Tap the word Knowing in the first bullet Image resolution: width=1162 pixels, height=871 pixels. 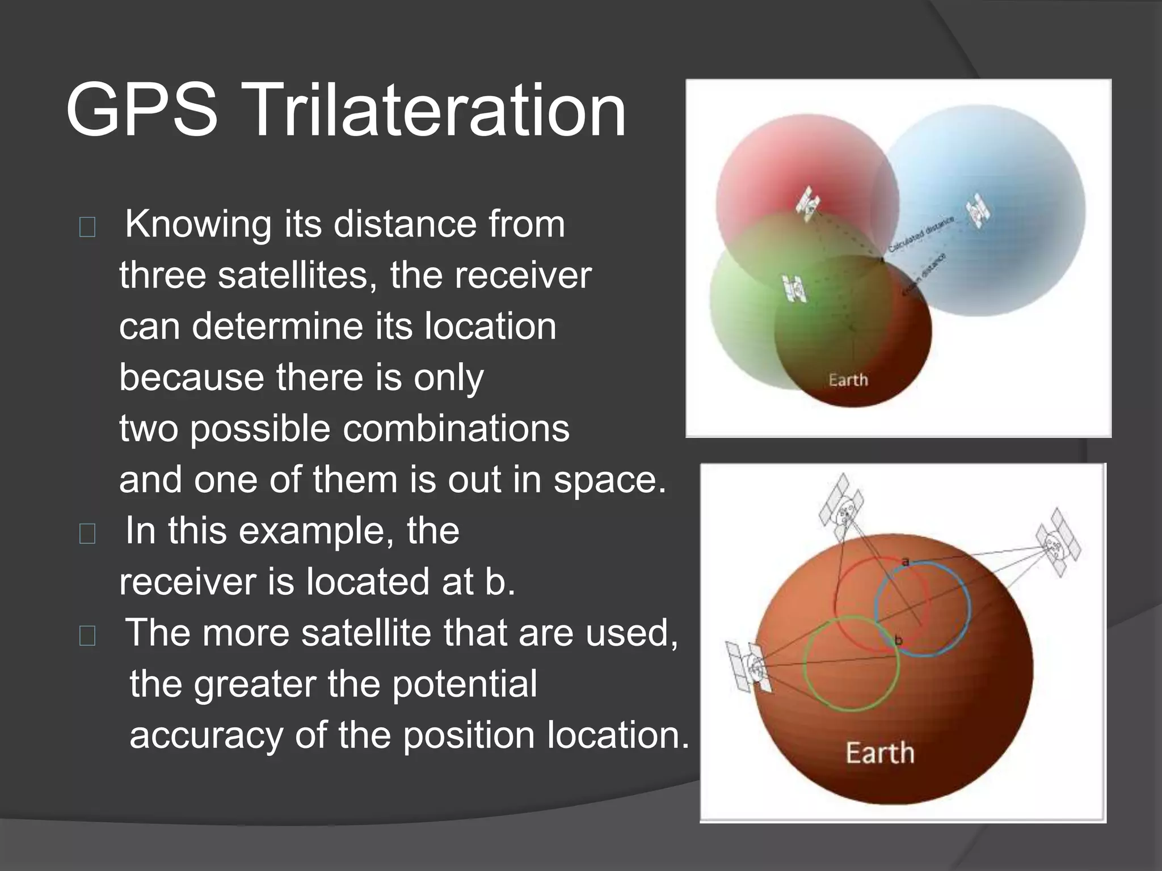(x=198, y=225)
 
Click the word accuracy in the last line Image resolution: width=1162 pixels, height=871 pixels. (x=205, y=735)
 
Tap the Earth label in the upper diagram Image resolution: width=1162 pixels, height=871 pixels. (x=848, y=380)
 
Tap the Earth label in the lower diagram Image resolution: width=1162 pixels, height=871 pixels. (x=880, y=754)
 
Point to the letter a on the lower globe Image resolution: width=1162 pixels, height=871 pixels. (x=906, y=561)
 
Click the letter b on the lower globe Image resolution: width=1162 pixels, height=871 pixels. (x=898, y=640)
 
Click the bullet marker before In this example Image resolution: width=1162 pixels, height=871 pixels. (x=87, y=534)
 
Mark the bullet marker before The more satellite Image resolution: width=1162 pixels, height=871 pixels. (x=87, y=636)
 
